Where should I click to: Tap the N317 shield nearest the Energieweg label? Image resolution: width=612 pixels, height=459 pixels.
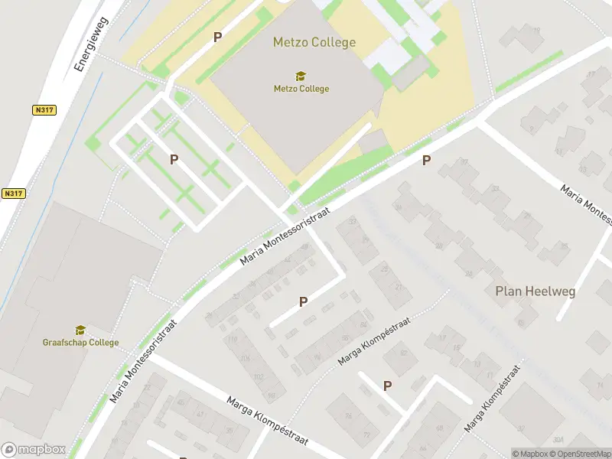[x=45, y=110]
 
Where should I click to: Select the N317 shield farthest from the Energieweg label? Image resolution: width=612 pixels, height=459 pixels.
[x=14, y=194]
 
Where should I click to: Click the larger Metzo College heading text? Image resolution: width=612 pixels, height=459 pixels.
[x=314, y=42]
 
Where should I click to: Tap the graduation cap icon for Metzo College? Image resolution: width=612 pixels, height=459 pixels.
[x=301, y=76]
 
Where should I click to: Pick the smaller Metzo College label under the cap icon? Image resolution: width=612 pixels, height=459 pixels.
[x=301, y=89]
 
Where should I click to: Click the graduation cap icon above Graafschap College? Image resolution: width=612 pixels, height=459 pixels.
[x=80, y=330]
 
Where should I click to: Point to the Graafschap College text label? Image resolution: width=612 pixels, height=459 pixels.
[x=80, y=343]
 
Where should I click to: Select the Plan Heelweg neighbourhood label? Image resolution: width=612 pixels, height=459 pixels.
[x=535, y=291]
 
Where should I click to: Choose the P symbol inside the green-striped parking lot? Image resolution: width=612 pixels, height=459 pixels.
[x=174, y=159]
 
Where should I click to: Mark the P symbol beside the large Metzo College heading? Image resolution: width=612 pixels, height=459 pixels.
[x=217, y=37]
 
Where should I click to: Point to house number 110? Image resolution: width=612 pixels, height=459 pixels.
[x=233, y=340]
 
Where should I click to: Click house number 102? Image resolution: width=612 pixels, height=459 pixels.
[x=258, y=376]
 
